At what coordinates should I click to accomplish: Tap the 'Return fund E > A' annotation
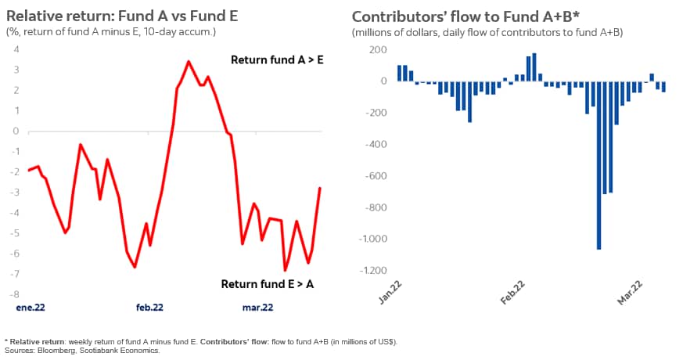268,283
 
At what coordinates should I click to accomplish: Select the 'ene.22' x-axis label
31,308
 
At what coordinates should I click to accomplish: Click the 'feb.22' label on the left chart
149,308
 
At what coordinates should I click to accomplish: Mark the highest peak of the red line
189,61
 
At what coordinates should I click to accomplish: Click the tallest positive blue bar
534,67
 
